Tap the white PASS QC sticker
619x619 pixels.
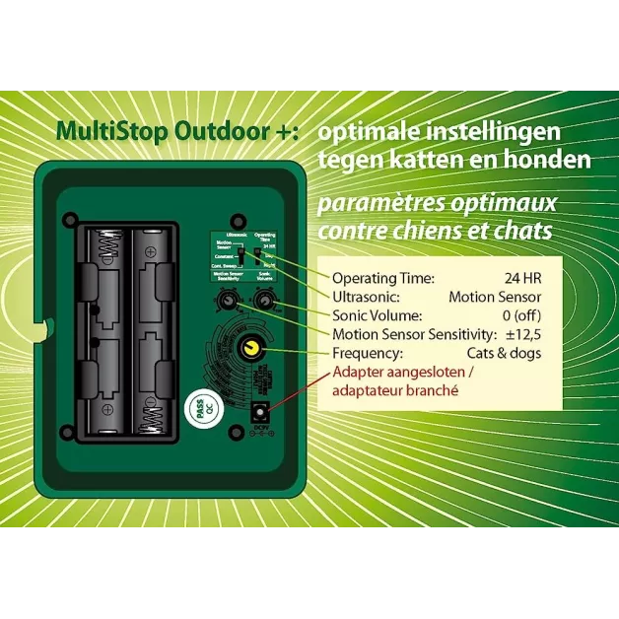(201, 412)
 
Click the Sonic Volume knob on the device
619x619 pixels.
(263, 301)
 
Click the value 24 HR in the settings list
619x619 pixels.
(521, 278)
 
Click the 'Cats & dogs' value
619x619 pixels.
(503, 353)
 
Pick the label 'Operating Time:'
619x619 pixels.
(382, 278)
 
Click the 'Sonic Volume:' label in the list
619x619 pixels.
(378, 315)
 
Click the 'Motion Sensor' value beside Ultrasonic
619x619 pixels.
(494, 297)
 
